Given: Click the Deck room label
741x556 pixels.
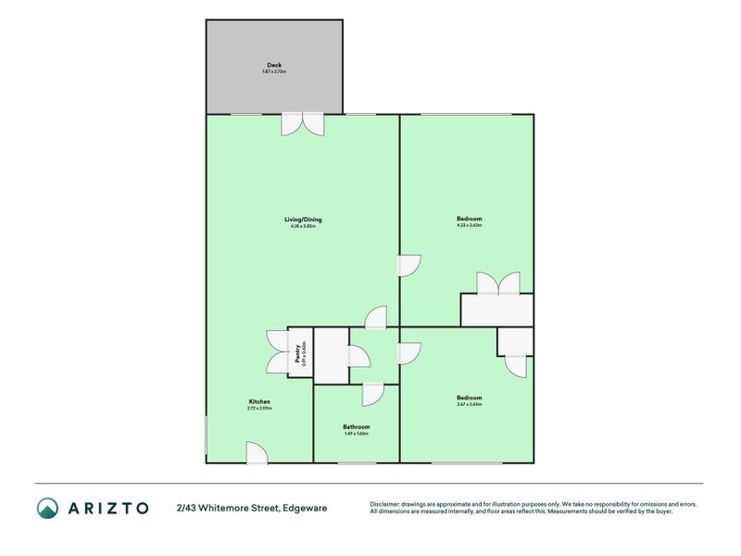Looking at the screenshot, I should (x=274, y=65).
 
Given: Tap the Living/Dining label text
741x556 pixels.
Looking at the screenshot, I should (x=303, y=220).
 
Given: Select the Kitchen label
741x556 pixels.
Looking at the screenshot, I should (x=258, y=401).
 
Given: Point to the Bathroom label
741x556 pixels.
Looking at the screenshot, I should (x=357, y=427).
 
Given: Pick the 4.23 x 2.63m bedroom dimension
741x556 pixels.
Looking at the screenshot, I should (x=469, y=225).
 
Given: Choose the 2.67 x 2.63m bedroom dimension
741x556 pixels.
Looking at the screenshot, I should (x=469, y=404).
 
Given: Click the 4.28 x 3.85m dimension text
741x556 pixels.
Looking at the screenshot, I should (x=303, y=226).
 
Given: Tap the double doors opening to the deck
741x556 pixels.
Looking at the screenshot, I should (x=303, y=124).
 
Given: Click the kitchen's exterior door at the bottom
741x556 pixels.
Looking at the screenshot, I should (x=257, y=453).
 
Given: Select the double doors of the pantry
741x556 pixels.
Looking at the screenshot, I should (x=277, y=352).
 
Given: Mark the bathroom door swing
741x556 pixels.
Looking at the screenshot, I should (x=373, y=394).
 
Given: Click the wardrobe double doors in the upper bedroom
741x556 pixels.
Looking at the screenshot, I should (x=497, y=283).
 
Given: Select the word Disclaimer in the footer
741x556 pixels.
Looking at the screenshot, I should (x=386, y=504).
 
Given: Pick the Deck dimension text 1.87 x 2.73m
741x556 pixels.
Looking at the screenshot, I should (x=274, y=71).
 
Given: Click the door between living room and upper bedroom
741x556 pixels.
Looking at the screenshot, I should (x=409, y=266).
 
